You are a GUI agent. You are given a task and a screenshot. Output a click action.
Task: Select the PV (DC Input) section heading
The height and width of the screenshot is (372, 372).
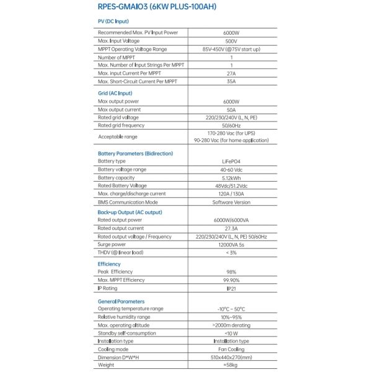coord(114,21)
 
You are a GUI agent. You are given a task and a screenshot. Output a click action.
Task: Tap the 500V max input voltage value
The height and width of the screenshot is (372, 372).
coord(231,40)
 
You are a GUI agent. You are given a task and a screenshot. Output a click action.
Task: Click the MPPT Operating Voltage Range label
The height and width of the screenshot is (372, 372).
coord(132,48)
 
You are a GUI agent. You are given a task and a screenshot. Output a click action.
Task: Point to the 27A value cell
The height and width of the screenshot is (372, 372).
coord(231,74)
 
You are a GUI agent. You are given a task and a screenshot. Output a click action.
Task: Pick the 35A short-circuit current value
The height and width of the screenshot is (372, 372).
coord(231,82)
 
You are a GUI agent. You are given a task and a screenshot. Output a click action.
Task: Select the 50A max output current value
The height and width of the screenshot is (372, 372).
coord(231,109)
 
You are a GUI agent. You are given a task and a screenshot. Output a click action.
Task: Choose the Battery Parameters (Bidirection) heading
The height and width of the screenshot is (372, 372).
coord(135,153)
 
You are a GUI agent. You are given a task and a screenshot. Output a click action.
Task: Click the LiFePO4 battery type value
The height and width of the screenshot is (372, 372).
coord(231,161)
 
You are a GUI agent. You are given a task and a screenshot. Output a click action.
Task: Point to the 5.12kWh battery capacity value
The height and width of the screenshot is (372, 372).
coord(231,177)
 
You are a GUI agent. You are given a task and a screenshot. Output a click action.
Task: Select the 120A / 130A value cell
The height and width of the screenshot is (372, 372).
coord(231,193)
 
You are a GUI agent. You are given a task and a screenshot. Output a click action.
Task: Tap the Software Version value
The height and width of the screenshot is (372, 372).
coord(231,202)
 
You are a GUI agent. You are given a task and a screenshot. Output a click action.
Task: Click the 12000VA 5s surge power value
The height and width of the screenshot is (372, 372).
coord(231,244)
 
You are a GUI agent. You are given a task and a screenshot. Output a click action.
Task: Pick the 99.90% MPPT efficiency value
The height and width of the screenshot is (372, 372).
coord(231,280)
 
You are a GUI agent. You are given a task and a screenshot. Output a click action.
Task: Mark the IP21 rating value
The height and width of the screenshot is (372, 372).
coord(231,288)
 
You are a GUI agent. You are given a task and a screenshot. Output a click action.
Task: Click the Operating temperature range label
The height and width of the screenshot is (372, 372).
coord(130,308)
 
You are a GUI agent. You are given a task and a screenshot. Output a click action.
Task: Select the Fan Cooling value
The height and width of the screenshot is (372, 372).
coord(231,349)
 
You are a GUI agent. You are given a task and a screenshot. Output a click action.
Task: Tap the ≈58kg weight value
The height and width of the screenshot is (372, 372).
coord(231,365)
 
